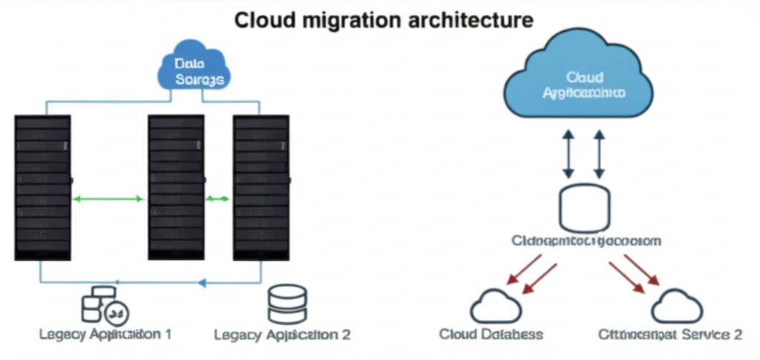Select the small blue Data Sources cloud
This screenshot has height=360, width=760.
[194, 71]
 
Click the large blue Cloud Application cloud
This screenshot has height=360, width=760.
[579, 85]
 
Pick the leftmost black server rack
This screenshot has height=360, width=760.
[42, 187]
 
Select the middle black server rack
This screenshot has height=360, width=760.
[176, 187]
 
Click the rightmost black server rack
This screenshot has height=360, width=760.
[261, 187]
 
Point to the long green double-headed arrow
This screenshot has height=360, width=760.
[110, 199]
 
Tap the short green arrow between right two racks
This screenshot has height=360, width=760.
[218, 199]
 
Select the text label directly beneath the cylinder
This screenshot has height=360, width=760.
[586, 241]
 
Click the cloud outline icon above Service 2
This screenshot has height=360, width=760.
[677, 306]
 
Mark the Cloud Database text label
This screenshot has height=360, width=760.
[491, 335]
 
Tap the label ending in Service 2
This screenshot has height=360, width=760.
[669, 335]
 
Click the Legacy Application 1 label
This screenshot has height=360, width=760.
[105, 334]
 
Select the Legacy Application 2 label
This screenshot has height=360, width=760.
[282, 335]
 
